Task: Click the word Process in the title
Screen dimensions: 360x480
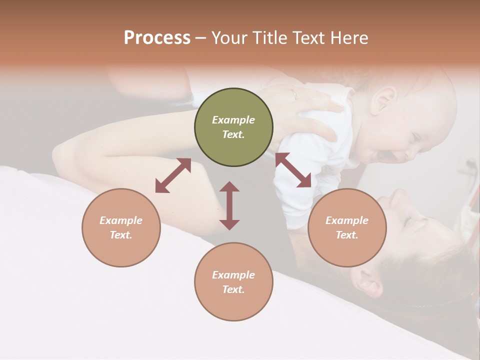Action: tap(157, 38)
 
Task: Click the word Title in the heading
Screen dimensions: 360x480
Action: tap(270, 38)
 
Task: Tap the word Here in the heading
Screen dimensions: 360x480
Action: tap(349, 38)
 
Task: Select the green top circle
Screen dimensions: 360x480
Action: tap(233, 127)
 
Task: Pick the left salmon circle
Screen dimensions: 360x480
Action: tap(121, 227)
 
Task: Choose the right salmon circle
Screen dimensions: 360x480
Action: tap(347, 227)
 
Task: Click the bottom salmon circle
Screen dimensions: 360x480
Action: tap(233, 282)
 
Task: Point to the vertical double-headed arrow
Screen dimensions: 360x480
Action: tap(229, 205)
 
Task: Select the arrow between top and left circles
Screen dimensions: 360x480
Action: tap(173, 175)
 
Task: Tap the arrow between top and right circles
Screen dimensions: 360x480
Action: tap(293, 170)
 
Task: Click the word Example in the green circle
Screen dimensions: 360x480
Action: tap(233, 120)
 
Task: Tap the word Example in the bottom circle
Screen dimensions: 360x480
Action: tap(233, 275)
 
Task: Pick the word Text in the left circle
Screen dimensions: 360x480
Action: tap(121, 235)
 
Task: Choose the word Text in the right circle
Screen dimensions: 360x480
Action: tap(347, 235)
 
